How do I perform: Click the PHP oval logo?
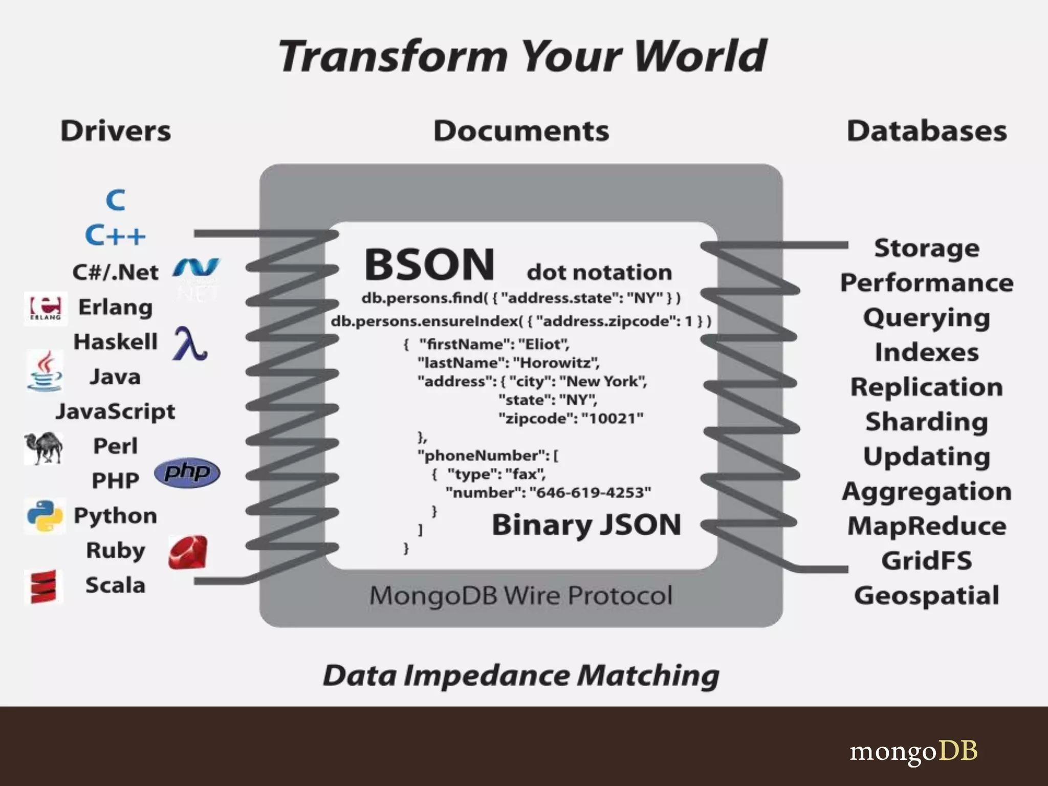point(187,472)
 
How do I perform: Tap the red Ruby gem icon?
point(188,553)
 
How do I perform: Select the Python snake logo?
point(45,515)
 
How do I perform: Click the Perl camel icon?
point(43,448)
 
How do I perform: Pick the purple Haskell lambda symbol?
point(190,343)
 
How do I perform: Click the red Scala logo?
point(43,586)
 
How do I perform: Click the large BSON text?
point(429,265)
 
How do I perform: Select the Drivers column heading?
point(116,131)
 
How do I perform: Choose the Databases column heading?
point(927,131)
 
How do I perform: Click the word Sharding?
point(927,422)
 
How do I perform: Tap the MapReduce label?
point(927,526)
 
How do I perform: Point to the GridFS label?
point(927,560)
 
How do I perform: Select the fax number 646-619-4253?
point(591,493)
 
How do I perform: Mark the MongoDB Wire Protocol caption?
point(521,596)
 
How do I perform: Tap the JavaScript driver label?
point(116,411)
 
